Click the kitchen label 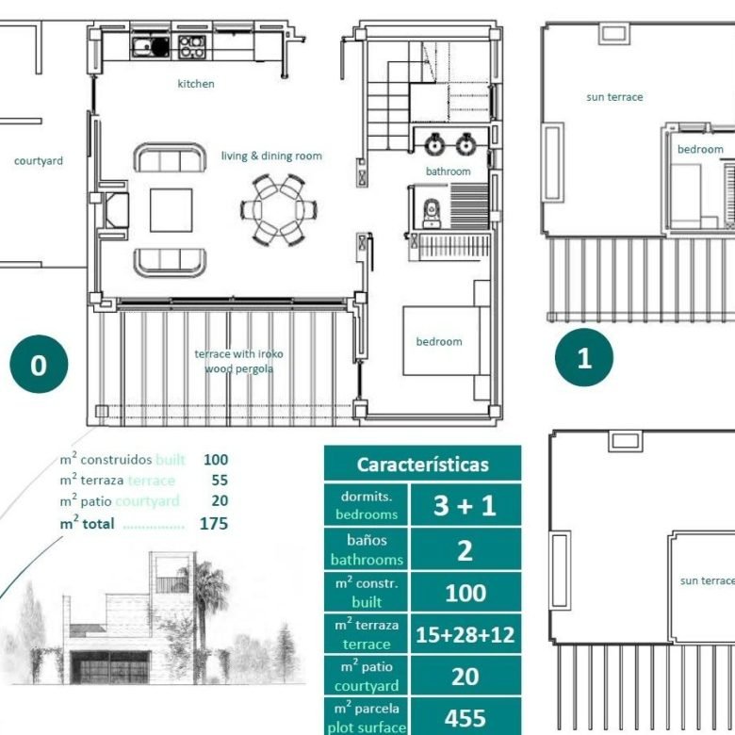coord(196,84)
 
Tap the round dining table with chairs coord(279,209)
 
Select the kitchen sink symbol coord(151,46)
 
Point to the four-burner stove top coord(191,47)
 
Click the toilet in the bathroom coord(432,214)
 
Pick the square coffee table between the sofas coord(171,210)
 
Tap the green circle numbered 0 coord(39,365)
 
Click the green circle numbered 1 coord(584,358)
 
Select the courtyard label coord(39,161)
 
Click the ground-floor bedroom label coord(439,341)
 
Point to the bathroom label coord(449,171)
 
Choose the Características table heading coord(423,465)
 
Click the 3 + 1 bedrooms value coord(465,505)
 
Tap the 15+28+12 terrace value coord(465,635)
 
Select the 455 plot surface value coord(465,718)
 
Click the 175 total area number coord(214,524)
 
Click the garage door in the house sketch coord(110,666)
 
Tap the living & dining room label coord(271,156)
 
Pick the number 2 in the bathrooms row coord(465,550)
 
